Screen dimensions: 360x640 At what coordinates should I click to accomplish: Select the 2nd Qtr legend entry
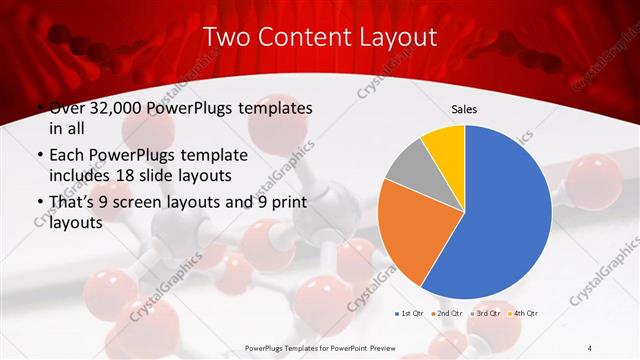pos(447,314)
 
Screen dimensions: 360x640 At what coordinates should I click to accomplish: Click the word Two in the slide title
pos(226,38)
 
